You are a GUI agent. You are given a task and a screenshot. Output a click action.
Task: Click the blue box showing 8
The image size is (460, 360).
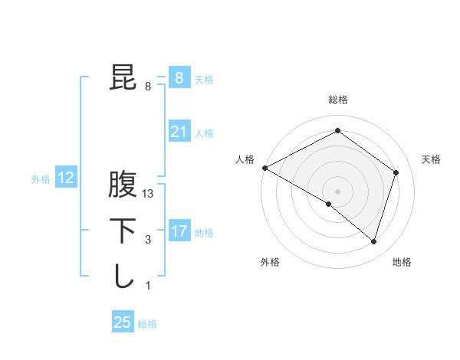[x=179, y=78]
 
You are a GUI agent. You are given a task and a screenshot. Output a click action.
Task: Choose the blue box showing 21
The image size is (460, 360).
[x=179, y=132]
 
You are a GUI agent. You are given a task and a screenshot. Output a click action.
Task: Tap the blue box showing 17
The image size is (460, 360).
[x=179, y=231]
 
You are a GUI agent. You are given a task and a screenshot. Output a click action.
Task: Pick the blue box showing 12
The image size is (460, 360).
[x=66, y=178]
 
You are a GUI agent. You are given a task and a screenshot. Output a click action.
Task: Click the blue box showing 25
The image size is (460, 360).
[x=123, y=322]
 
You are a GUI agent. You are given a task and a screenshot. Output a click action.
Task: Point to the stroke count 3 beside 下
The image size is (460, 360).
[x=148, y=240]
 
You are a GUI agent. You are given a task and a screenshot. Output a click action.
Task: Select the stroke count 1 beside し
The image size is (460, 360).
[x=148, y=286]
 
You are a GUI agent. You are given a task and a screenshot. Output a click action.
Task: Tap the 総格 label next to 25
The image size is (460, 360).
[x=147, y=324]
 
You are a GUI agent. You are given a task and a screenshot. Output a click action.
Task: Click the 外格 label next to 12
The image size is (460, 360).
[x=41, y=179]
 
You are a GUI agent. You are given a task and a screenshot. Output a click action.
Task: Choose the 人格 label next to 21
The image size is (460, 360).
[x=204, y=133]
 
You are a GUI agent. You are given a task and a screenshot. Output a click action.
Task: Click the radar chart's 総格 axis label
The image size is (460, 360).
[x=337, y=100]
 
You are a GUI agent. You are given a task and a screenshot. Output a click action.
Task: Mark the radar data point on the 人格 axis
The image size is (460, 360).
[x=264, y=167]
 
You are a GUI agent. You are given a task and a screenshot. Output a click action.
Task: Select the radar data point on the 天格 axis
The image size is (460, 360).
[x=396, y=172]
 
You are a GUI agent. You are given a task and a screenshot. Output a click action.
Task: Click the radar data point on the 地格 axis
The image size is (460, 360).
[x=373, y=241]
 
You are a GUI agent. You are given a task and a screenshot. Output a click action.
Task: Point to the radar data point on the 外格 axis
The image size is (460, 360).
[x=329, y=204]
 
